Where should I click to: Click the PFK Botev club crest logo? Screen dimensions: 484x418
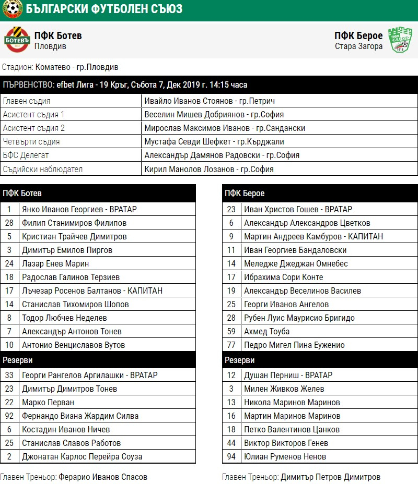coord(17,40)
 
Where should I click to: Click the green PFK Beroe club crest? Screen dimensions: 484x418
coord(400,40)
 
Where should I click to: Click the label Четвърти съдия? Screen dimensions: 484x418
coord(31,141)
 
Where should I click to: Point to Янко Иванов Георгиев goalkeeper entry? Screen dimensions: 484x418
coord(79,209)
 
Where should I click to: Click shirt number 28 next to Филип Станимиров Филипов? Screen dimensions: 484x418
coord(9,223)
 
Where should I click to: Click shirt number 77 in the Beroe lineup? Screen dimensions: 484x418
coord(231,345)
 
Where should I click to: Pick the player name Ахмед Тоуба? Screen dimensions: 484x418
coord(266,331)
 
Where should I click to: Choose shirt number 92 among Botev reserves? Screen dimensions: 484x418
coord(9,416)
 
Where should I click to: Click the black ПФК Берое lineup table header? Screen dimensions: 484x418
coord(320,193)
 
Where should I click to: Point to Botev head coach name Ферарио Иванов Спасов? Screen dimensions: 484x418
coord(103,477)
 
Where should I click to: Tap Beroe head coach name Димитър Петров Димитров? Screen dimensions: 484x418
coord(330,477)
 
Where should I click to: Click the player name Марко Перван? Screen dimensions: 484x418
coord(48,402)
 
